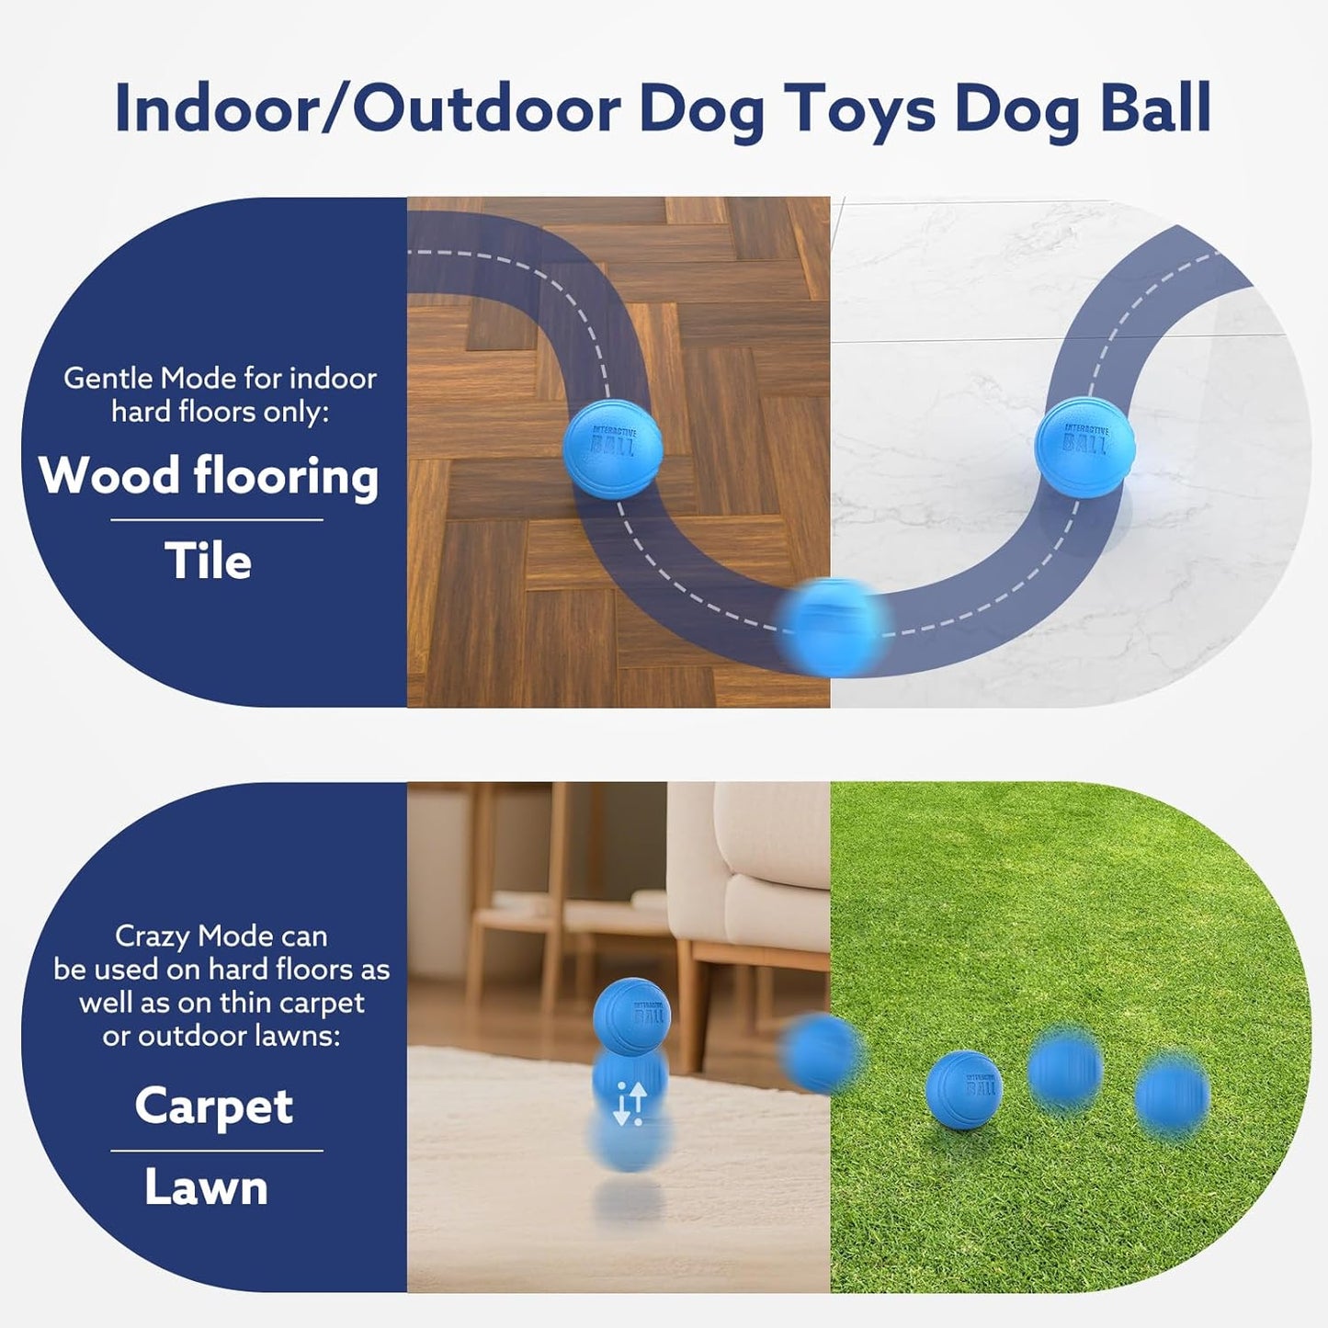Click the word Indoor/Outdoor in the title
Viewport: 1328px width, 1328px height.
coord(368,108)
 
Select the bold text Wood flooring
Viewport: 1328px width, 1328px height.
coord(209,476)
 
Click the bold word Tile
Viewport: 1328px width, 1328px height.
coord(208,561)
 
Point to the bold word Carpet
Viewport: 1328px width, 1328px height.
coord(214,1106)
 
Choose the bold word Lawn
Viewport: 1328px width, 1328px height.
coord(207,1186)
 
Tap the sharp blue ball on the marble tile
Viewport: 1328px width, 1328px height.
coord(1084,447)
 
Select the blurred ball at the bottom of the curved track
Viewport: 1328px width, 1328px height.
coord(833,627)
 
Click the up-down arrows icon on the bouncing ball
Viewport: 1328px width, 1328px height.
coord(630,1103)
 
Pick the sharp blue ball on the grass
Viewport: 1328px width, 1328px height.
coord(963,1088)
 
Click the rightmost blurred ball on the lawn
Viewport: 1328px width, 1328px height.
coord(1172,1096)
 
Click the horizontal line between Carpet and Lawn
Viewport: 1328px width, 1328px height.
coord(217,1150)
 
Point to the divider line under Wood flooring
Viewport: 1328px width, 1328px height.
coord(217,520)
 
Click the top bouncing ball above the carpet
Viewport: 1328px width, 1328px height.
coord(632,1016)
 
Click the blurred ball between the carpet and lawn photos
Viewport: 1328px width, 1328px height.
coord(821,1052)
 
